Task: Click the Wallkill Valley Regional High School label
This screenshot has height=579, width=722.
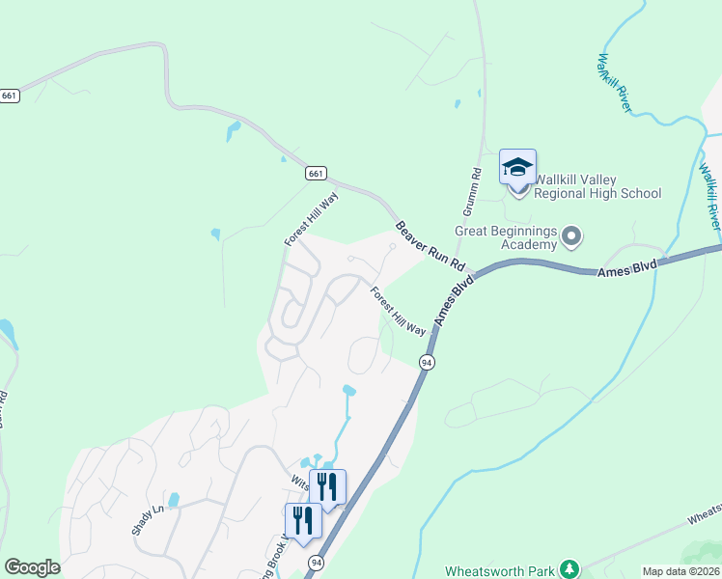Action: (x=598, y=186)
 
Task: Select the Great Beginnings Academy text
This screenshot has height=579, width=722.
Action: (x=507, y=237)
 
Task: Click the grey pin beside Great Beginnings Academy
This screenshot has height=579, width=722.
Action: (x=572, y=236)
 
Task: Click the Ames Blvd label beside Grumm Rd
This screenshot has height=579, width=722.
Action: (x=455, y=300)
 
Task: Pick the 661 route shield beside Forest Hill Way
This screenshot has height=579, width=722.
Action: (x=316, y=174)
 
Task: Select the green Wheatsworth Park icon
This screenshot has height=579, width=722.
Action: (x=570, y=568)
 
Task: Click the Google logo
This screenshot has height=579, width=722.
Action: (x=32, y=567)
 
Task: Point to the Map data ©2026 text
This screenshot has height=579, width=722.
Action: (x=680, y=571)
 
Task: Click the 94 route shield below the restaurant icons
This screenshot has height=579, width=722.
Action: (x=317, y=562)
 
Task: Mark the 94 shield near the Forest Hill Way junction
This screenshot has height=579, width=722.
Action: (x=427, y=362)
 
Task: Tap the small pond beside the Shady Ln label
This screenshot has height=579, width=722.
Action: (x=174, y=500)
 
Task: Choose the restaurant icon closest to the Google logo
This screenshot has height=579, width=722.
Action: (x=302, y=521)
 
